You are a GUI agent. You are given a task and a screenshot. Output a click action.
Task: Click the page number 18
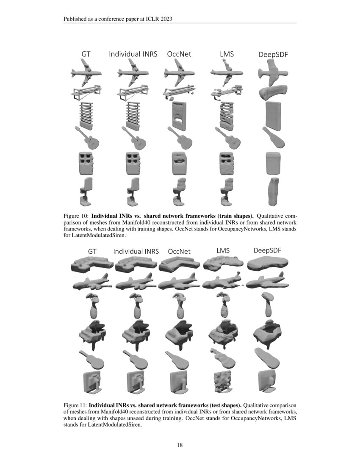pos(180,445)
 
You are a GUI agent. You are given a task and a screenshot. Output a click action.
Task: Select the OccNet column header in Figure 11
pos(179,251)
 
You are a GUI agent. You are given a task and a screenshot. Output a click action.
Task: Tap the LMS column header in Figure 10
pos(227,54)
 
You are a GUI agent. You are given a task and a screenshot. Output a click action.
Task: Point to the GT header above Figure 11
pos(92,251)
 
